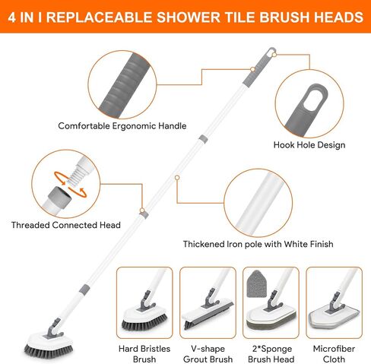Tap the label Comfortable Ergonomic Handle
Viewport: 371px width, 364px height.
122,126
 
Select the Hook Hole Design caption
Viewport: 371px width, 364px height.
309,145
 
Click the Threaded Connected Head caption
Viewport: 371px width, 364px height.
65,225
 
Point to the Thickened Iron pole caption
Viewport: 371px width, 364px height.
258,244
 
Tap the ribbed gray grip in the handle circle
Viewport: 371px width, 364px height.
123,85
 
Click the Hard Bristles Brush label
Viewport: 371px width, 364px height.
144,354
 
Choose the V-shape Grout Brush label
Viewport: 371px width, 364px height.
208,354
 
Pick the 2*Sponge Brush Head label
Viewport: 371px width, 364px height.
271,354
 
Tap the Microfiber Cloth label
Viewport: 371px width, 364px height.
334,354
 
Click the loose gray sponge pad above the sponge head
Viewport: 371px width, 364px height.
256,284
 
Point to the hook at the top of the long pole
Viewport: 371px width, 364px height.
271,51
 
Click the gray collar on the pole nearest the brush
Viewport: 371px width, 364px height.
84,289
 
